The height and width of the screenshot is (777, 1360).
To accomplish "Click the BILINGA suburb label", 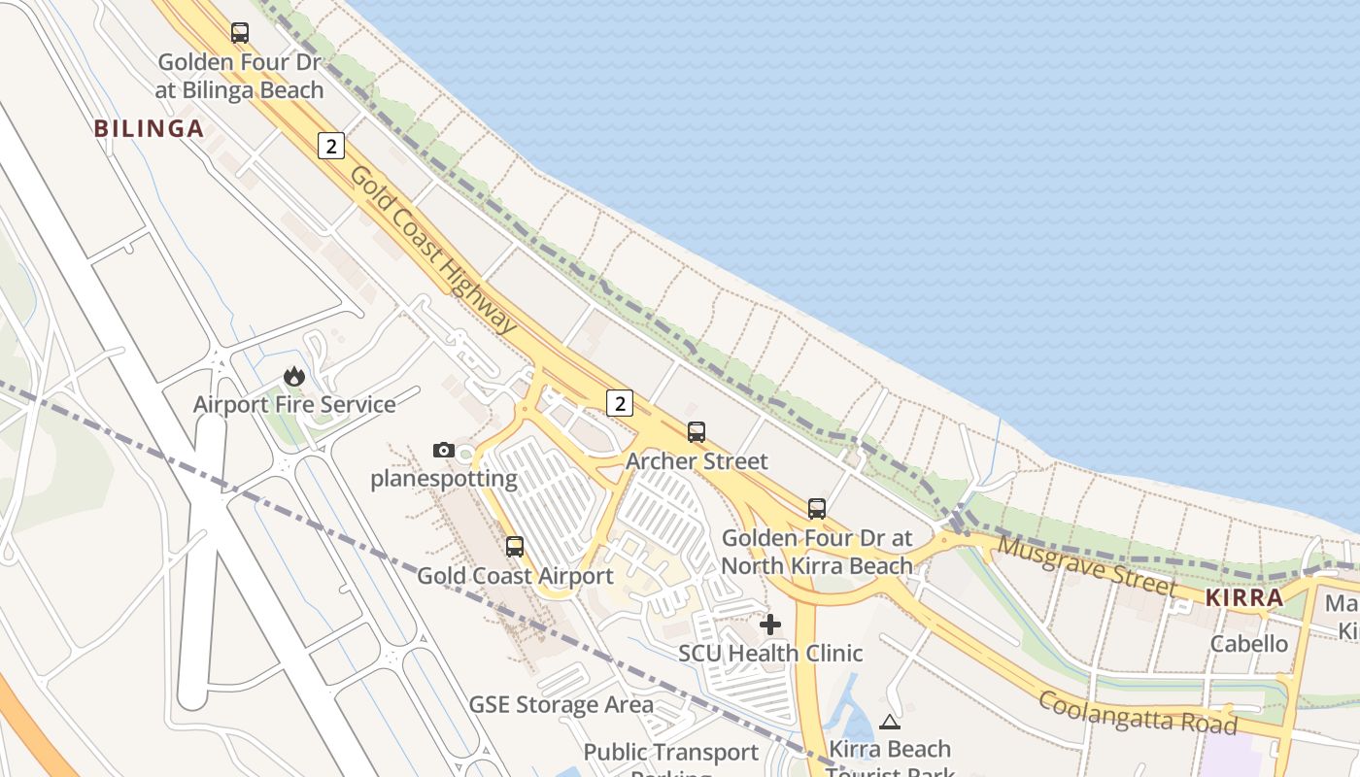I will coord(149,128).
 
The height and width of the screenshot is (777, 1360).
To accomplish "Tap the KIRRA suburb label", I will coord(1244,598).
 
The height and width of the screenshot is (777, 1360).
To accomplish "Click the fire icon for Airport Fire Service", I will coord(294,376).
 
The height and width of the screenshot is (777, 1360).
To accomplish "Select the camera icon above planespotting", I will coord(444,450).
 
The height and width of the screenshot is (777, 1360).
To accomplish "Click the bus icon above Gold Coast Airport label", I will coord(515,547).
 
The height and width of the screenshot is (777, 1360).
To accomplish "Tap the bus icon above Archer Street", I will coord(697,432).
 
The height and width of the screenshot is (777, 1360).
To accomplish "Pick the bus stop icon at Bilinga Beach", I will coord(240,32).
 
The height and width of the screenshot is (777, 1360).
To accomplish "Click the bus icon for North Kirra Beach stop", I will coord(817,508).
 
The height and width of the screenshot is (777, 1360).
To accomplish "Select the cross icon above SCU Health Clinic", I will coord(770,624).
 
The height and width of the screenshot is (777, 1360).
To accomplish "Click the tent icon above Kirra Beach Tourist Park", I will coord(889,722).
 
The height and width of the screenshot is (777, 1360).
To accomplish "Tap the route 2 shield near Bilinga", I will coord(331,147).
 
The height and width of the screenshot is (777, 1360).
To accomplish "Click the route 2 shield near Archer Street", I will coord(619,402).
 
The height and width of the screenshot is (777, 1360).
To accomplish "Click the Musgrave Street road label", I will coord(1087,566).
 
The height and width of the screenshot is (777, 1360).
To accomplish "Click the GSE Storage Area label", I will coord(561,704).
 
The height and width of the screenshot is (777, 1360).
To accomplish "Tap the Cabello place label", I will coord(1249,644).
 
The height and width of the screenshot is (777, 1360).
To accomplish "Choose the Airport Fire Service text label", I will coord(294,404).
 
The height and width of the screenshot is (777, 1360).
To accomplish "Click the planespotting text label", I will coord(444,478).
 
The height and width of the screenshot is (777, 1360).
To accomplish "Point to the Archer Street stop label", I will coord(697,460).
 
